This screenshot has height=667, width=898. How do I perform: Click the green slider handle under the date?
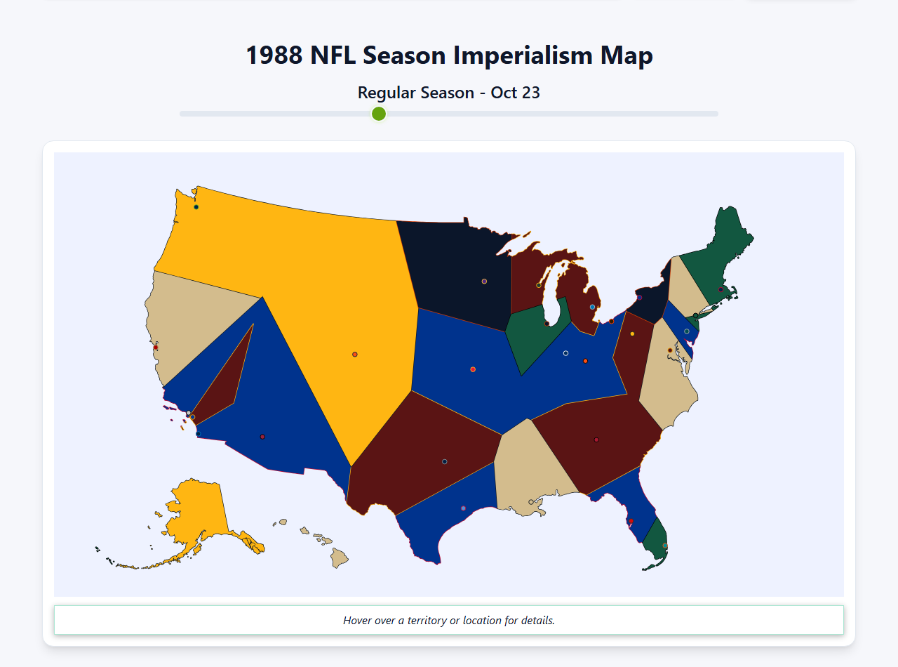click(379, 114)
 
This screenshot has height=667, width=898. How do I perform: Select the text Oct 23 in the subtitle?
click(515, 93)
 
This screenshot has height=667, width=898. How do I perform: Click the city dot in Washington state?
click(196, 207)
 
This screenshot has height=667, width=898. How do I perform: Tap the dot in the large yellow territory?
click(355, 355)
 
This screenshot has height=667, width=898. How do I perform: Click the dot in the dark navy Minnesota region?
click(484, 282)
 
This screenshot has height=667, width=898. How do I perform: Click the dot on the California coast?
click(156, 348)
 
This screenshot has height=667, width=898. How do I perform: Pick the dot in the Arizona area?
click(262, 437)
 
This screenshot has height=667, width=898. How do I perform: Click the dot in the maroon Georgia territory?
click(596, 440)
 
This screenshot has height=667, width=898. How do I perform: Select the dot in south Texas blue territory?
click(463, 508)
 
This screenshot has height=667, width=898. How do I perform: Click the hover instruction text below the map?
click(449, 621)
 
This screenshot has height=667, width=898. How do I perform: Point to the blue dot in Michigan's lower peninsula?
click(593, 307)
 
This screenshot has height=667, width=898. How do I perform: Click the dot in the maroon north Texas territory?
click(445, 461)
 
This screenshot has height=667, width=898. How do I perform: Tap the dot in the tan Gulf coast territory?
click(530, 502)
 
